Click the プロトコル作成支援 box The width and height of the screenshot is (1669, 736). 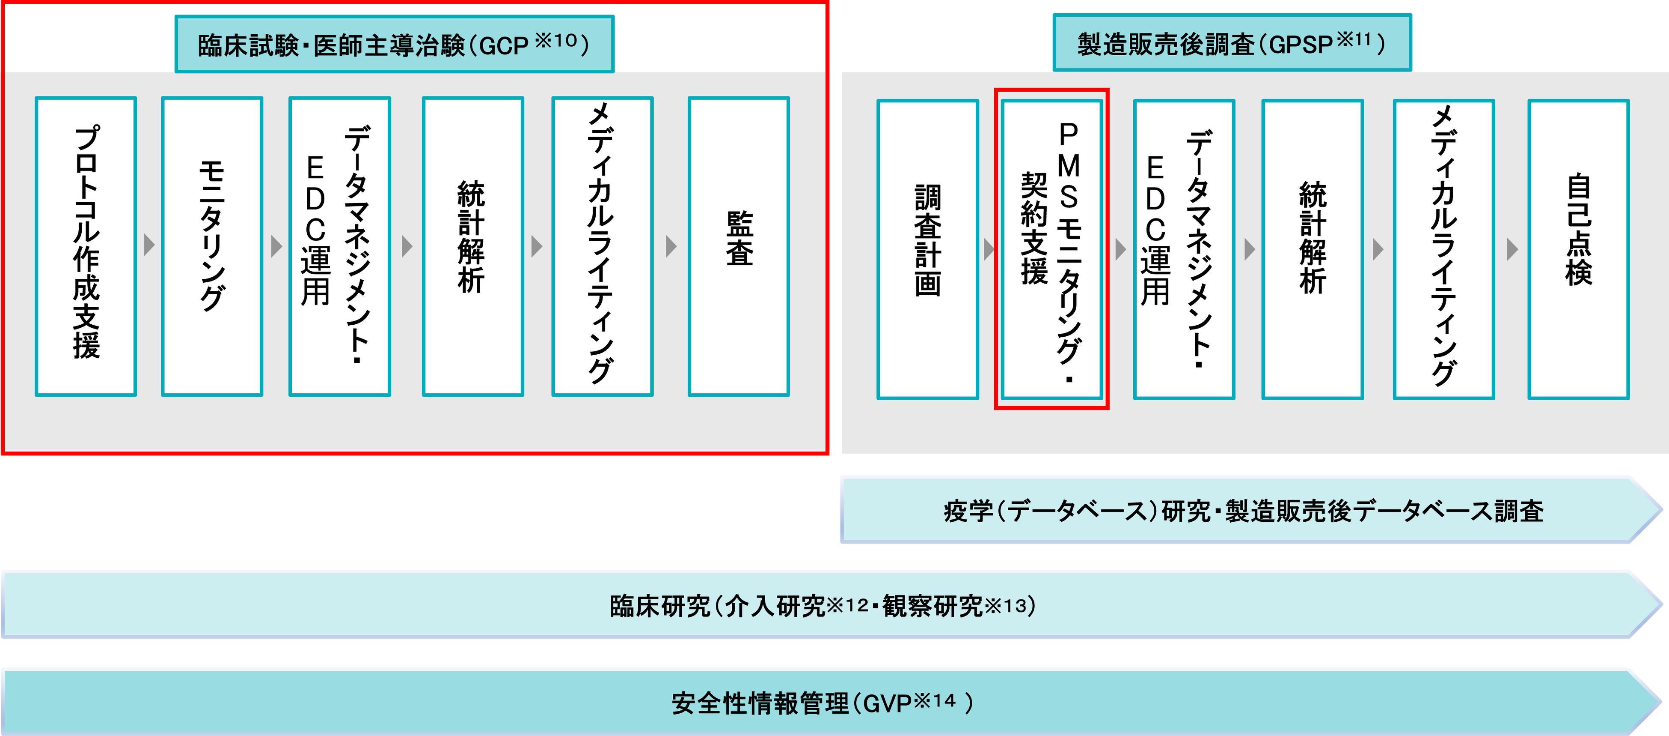(x=86, y=246)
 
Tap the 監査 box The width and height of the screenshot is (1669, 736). (x=739, y=246)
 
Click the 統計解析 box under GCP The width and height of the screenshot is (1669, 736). (x=472, y=246)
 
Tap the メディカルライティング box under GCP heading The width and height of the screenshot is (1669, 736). (x=602, y=246)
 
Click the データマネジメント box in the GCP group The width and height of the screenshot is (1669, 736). (x=339, y=246)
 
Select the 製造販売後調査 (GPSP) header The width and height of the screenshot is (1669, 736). (x=1231, y=43)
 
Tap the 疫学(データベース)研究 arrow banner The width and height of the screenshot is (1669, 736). (x=1244, y=510)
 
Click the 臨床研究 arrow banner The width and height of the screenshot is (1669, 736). (x=823, y=605)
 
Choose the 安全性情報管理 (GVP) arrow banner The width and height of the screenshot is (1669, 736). (x=823, y=702)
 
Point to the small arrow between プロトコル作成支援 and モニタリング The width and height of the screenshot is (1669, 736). (x=149, y=245)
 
